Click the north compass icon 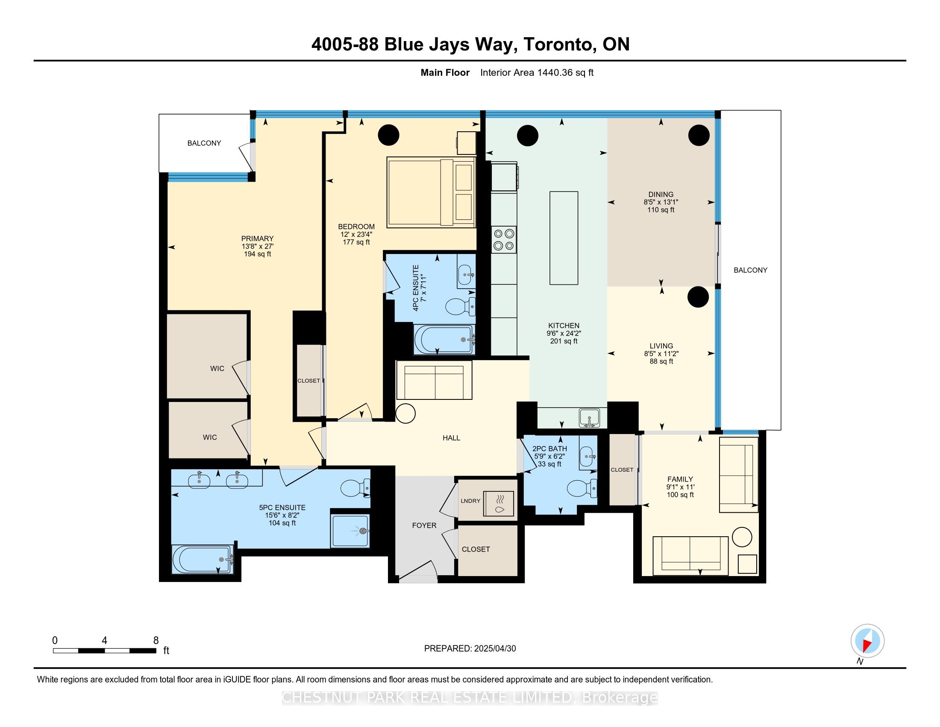tap(867, 641)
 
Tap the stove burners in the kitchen tap(504, 240)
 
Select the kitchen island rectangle tap(564, 238)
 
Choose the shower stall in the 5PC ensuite tap(350, 531)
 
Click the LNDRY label tap(470, 501)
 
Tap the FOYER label tap(424, 526)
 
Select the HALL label tap(452, 438)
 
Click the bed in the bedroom tap(431, 192)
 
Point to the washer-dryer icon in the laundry tap(499, 503)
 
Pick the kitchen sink tap(590, 418)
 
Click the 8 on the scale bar tap(156, 641)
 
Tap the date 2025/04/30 tap(494, 649)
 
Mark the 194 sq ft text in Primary tap(257, 254)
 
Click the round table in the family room tap(742, 537)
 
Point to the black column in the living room tap(698, 297)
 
